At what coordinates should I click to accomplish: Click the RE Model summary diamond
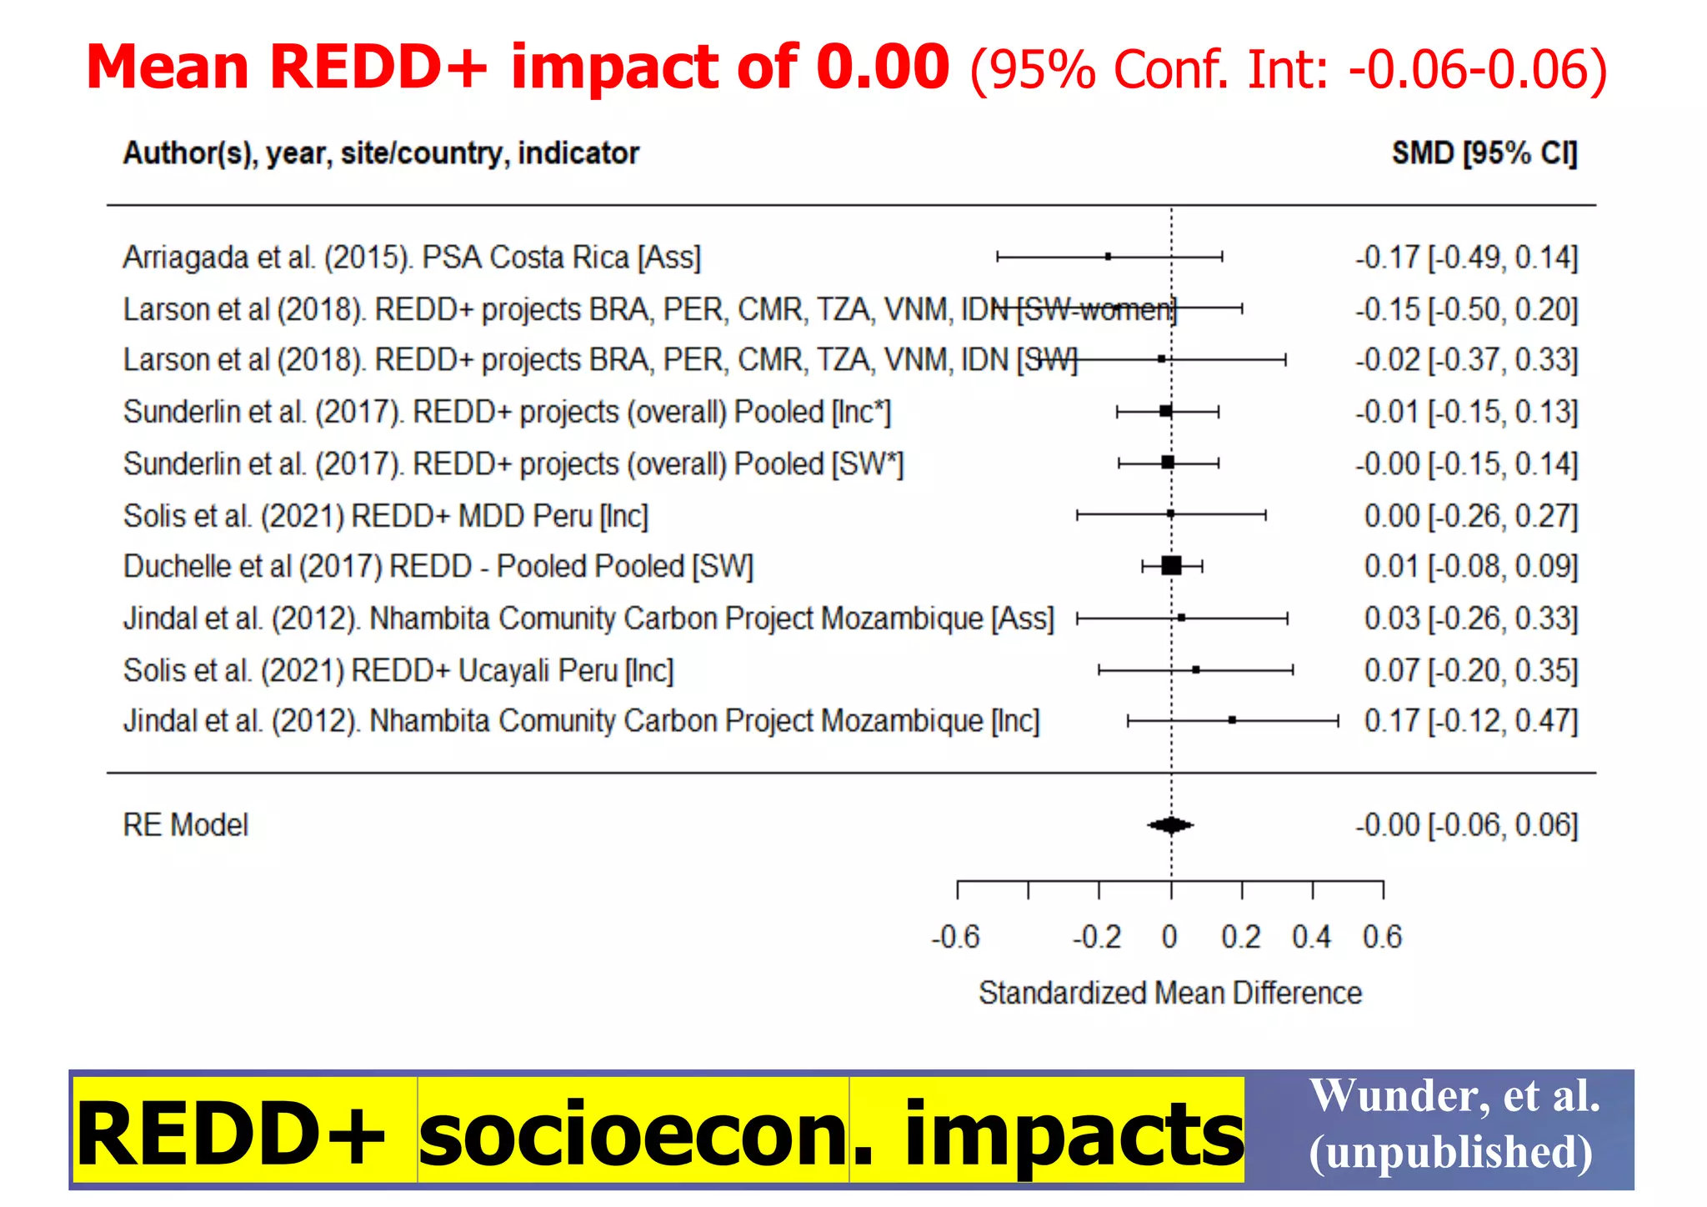pos(1171,825)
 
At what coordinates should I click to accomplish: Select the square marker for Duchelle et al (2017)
pos(1171,566)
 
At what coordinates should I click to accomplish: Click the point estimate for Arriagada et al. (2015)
pos(1108,257)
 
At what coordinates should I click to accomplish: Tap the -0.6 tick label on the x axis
pos(956,937)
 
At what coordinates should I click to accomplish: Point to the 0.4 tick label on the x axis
pos(1312,937)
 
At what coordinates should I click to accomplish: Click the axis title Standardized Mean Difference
pos(1169,993)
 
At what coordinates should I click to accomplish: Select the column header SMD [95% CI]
pos(1484,153)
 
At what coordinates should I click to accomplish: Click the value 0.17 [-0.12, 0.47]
pos(1470,721)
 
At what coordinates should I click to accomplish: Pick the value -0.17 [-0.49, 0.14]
pos(1466,258)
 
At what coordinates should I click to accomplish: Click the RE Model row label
pos(185,825)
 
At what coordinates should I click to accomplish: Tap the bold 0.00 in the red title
pos(882,67)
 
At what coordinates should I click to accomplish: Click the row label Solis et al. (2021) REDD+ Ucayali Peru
pos(398,670)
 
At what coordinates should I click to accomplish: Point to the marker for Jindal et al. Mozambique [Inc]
pos(1232,719)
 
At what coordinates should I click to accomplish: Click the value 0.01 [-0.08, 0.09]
pos(1470,567)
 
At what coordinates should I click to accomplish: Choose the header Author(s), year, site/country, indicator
pos(381,153)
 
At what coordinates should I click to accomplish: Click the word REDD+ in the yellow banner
pos(230,1134)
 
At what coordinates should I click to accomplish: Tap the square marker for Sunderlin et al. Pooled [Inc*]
pos(1166,411)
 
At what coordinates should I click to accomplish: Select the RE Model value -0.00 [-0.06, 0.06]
pos(1466,825)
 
